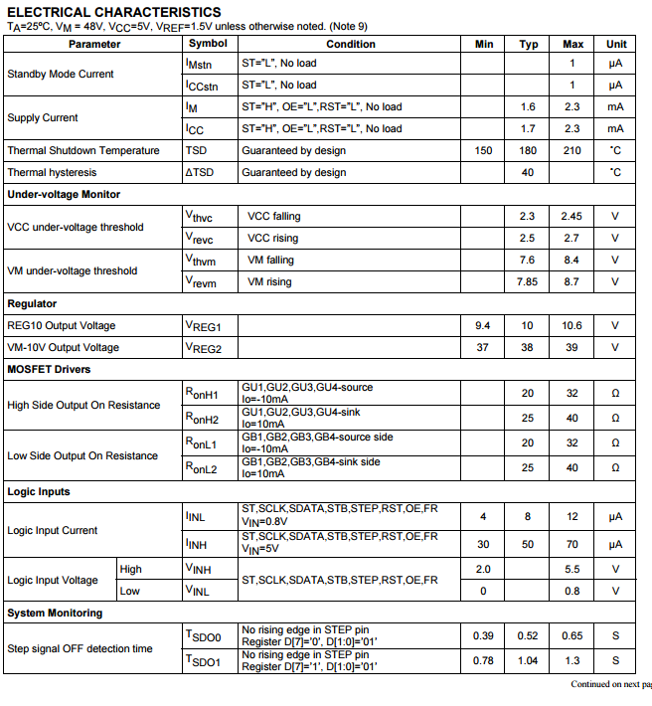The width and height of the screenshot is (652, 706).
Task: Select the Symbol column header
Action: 208,44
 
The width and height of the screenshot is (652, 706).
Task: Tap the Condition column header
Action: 350,44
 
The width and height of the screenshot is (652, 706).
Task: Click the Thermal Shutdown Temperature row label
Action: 82,151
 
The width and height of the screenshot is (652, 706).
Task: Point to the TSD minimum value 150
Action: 484,151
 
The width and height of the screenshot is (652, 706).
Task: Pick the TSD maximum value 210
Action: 572,151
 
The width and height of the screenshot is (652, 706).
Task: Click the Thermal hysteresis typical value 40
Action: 528,173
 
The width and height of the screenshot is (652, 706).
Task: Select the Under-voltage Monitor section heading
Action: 64,195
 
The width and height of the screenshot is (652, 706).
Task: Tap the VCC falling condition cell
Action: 273,217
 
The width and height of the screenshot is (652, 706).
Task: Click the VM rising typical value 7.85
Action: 528,282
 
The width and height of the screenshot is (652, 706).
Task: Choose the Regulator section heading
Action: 32,304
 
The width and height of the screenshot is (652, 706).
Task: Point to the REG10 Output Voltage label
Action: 62,326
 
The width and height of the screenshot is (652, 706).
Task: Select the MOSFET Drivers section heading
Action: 49,370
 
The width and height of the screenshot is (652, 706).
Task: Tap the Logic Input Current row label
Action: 53,531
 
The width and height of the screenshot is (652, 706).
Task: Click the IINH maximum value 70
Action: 572,545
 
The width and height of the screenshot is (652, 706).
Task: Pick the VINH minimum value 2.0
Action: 484,570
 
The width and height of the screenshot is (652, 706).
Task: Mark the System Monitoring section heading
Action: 55,614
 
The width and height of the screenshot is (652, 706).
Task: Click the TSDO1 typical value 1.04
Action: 528,660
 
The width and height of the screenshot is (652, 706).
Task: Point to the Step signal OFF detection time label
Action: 80,649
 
